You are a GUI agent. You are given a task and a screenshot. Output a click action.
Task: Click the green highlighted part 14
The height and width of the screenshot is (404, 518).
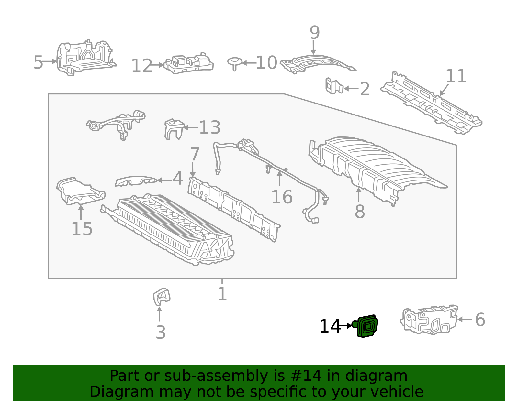[x=367, y=326]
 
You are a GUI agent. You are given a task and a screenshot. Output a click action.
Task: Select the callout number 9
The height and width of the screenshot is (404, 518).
[x=314, y=33]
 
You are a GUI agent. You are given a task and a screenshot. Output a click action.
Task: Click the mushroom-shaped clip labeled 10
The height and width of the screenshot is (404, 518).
[x=234, y=62]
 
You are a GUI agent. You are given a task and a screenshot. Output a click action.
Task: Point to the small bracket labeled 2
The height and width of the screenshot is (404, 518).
[x=334, y=86]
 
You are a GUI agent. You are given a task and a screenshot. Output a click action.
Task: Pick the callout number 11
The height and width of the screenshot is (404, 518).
[x=456, y=76]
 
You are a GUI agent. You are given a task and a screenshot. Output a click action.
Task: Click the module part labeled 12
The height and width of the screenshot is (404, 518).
[x=188, y=64]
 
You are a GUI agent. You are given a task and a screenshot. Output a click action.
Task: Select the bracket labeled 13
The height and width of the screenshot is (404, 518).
[x=174, y=129]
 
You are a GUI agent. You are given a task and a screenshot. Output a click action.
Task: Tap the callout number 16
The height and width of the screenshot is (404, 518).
[x=282, y=197]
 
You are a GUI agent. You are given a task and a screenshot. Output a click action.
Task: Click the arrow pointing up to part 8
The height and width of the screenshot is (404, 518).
[x=359, y=194]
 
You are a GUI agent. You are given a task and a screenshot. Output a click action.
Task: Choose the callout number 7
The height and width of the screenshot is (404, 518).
[x=195, y=154]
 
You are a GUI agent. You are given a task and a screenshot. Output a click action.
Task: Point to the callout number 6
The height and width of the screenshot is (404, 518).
[x=480, y=320]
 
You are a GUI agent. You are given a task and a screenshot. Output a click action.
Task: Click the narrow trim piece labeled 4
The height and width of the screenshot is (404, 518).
[x=135, y=181]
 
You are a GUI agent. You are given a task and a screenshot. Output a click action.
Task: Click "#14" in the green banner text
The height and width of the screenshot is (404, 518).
[x=306, y=376]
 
